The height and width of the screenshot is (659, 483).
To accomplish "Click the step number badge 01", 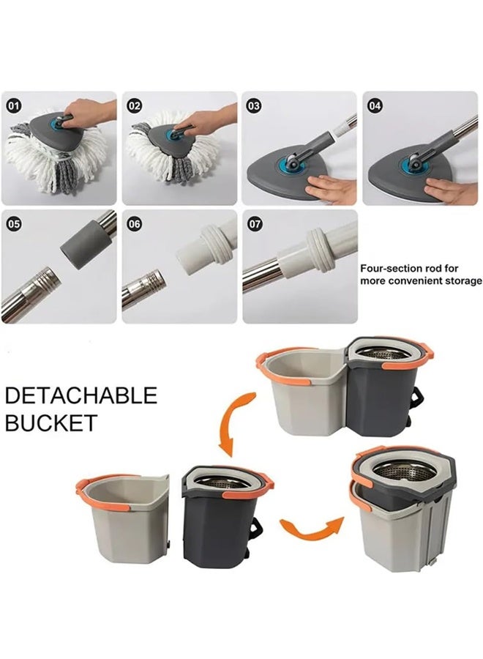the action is click(x=14, y=105).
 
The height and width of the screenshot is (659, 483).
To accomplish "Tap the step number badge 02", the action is click(x=134, y=105).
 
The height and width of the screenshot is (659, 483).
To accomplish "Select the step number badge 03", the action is click(x=254, y=105).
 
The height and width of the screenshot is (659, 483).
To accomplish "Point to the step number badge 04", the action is click(x=375, y=105).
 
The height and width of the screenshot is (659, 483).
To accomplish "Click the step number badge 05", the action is click(x=14, y=224).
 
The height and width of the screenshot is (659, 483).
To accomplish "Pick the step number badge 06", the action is click(x=134, y=224).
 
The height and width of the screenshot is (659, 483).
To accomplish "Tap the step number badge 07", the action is click(x=255, y=224).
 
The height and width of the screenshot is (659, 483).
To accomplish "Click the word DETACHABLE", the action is click(x=81, y=396).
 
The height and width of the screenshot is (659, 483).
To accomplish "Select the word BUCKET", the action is click(x=51, y=422).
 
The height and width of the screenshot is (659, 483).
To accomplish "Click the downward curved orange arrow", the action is click(x=234, y=422).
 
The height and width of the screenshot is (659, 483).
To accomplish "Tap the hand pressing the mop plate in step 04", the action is click(x=450, y=187).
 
